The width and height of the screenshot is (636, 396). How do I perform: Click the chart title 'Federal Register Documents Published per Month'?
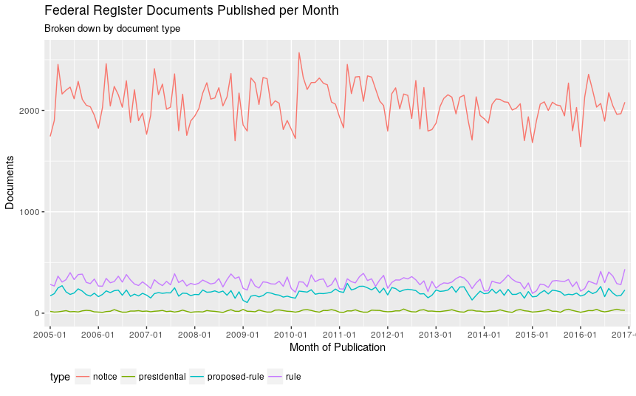191,11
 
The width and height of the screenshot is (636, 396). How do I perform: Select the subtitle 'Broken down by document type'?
112,29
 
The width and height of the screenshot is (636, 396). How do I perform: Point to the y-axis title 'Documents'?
10,182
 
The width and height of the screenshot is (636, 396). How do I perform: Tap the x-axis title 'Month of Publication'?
338,347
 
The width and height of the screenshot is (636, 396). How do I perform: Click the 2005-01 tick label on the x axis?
50,334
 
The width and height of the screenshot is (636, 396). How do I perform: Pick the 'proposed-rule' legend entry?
237,377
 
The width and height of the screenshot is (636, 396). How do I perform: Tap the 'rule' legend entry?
293,377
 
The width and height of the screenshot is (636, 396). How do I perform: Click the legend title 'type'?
60,377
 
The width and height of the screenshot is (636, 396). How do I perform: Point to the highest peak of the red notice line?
299,52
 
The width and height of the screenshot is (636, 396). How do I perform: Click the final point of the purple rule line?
624,270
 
